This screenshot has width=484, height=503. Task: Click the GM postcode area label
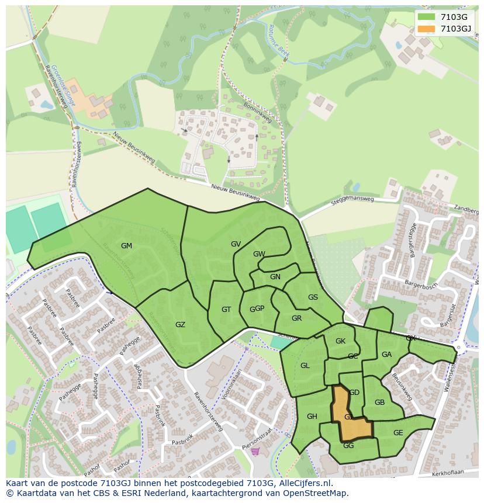point(126,246)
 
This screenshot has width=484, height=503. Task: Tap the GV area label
point(236,244)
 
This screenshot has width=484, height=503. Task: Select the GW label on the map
point(259,254)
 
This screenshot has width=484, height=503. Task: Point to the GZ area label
point(180,324)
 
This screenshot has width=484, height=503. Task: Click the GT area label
point(226,310)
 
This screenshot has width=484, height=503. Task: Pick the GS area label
point(313,297)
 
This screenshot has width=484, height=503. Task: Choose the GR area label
point(296,318)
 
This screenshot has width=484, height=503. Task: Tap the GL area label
point(305,366)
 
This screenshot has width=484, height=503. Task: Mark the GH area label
point(312,417)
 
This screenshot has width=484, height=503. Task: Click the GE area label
point(398,433)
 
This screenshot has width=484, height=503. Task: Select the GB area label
point(379,403)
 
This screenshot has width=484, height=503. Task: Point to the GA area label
point(386,355)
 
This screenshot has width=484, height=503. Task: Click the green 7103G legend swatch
point(426,17)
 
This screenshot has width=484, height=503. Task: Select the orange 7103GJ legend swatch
point(426,29)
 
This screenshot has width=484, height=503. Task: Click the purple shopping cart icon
point(255,451)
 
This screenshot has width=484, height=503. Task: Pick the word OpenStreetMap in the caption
point(314,493)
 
